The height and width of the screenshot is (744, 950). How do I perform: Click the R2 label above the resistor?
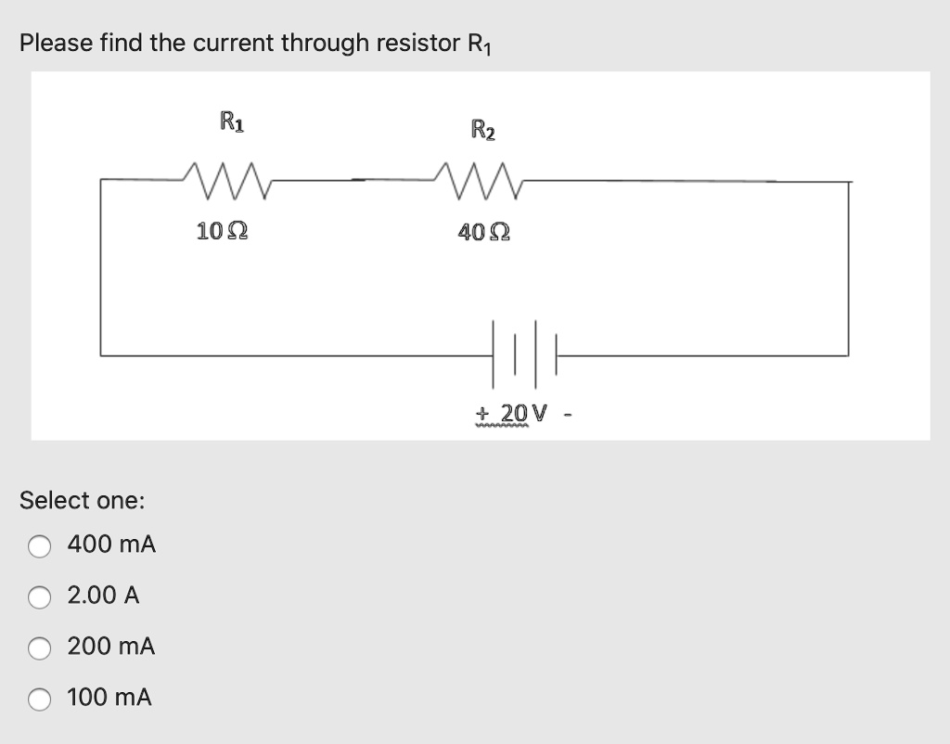tap(483, 129)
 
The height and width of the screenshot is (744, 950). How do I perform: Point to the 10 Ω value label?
tap(222, 231)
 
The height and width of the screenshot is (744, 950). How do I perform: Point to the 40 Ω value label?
tap(483, 232)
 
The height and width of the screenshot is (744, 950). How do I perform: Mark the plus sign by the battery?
tap(481, 412)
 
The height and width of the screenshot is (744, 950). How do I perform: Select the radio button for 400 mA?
tap(39, 546)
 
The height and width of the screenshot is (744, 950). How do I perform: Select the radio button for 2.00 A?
tap(39, 597)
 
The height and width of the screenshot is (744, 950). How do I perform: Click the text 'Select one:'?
tap(83, 501)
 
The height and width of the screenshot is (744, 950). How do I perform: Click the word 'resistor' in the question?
tap(416, 43)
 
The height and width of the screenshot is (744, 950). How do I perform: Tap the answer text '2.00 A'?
tap(103, 596)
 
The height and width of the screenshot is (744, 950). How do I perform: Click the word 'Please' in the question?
tap(52, 43)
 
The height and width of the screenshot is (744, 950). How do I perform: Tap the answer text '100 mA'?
tap(110, 698)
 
